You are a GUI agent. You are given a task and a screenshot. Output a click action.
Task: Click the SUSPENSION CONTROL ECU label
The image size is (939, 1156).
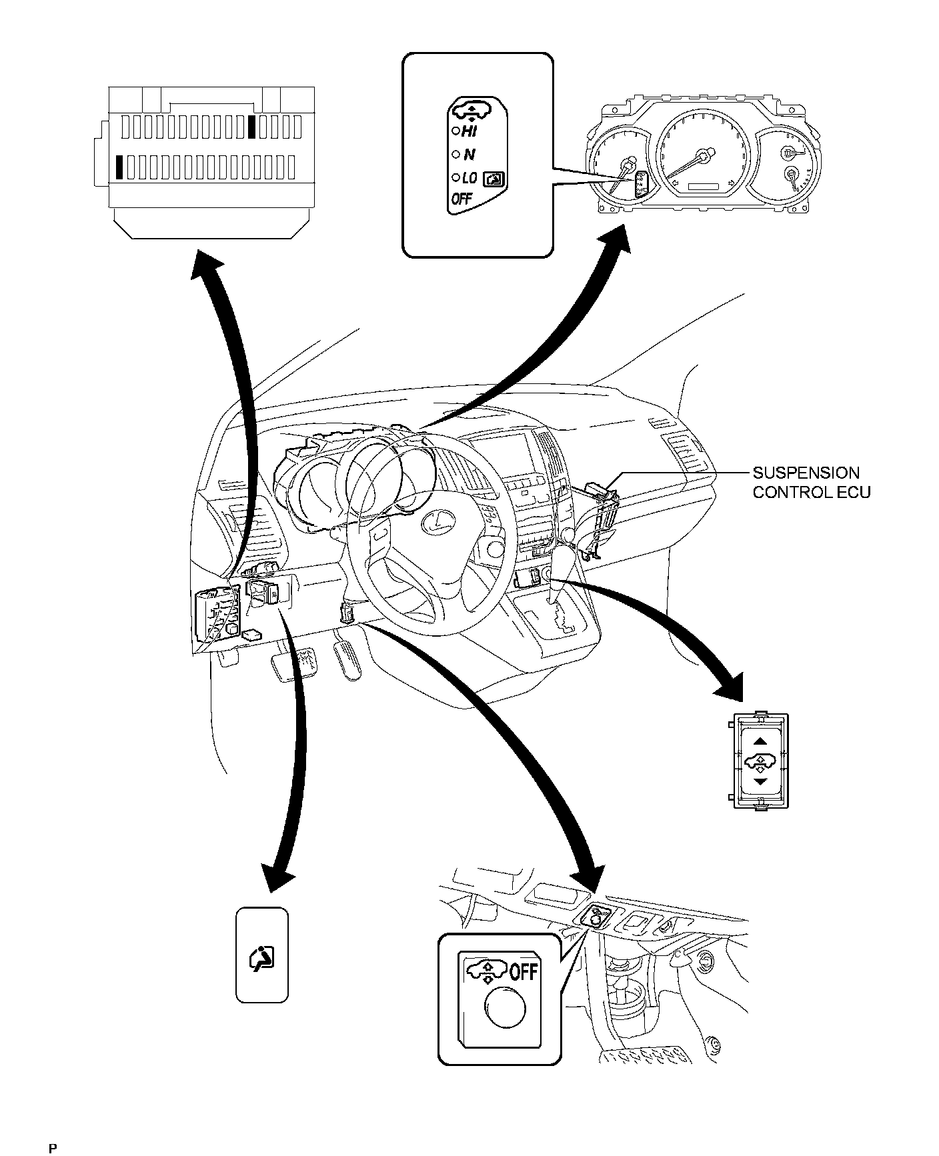(811, 483)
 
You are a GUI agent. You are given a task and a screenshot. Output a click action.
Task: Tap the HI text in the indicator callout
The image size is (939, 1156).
(469, 132)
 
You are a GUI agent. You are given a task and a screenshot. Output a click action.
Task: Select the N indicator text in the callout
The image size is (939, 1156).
(469, 155)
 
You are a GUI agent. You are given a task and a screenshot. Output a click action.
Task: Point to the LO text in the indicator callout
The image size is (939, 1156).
(469, 178)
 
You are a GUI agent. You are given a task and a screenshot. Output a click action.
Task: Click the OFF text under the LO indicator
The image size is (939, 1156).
(461, 199)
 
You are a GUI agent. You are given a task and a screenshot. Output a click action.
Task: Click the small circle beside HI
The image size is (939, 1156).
(455, 131)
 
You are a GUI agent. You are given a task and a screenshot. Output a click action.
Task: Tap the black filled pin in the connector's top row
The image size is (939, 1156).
(251, 127)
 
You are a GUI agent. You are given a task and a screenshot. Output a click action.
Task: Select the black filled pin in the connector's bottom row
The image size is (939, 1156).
(119, 167)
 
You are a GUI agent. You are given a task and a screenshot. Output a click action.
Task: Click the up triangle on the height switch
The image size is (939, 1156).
(761, 741)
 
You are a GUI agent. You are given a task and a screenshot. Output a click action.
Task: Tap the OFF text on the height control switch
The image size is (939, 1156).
(524, 973)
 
